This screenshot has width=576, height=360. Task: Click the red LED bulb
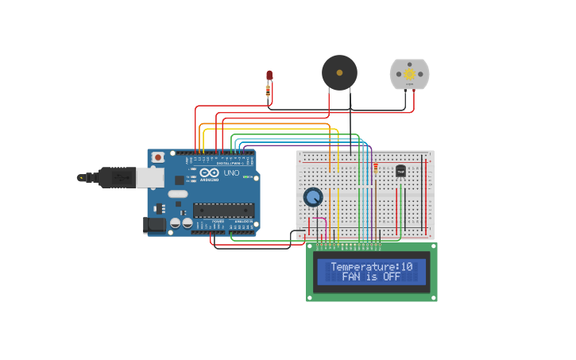(x=269, y=75)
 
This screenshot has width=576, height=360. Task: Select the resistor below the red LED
(x=268, y=91)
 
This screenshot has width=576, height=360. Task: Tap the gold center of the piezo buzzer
(x=339, y=72)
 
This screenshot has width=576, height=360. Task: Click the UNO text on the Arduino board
(x=231, y=172)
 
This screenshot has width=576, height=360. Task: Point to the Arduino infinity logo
(x=210, y=172)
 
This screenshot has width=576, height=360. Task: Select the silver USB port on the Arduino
(x=149, y=177)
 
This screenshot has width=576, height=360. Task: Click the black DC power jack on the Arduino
(x=155, y=225)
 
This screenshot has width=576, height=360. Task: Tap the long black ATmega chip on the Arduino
(x=224, y=211)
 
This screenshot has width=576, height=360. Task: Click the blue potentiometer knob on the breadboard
(x=313, y=196)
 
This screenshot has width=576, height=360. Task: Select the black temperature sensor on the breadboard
(x=400, y=171)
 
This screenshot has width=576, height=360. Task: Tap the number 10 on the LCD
(x=407, y=267)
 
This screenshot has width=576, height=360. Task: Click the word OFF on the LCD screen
(x=391, y=277)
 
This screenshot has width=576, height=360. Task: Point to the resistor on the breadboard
(x=376, y=168)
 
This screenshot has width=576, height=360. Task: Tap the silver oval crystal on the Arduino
(x=178, y=194)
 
